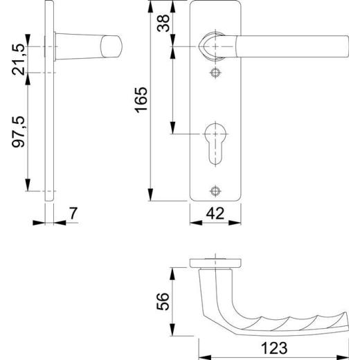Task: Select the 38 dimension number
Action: pos(162,25)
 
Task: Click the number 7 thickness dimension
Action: pos(73,215)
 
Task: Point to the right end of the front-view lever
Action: pos(342,44)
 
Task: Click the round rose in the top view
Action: pos(215,263)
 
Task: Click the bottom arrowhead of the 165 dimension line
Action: pos(150,197)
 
